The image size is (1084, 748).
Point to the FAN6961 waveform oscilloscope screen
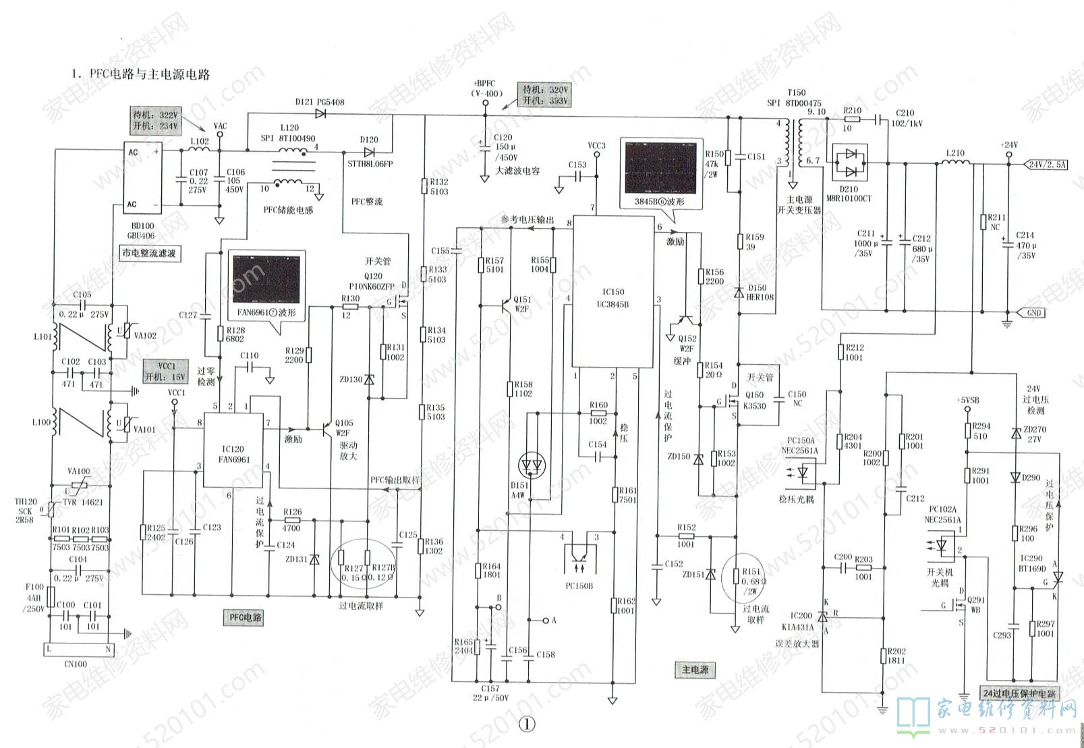(x=265, y=279)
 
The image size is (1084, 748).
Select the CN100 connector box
(x=77, y=650)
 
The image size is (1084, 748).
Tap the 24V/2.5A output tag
(x=1047, y=164)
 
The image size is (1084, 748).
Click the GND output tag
(x=1033, y=313)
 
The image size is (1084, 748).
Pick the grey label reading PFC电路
(x=245, y=617)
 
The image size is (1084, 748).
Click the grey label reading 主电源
(x=695, y=670)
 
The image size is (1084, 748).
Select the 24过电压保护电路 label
(x=1019, y=693)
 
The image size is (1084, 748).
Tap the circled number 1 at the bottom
(x=527, y=724)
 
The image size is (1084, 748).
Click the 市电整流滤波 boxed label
(x=149, y=254)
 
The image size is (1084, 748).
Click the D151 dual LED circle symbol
(x=532, y=465)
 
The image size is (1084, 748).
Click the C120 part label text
(x=503, y=137)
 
